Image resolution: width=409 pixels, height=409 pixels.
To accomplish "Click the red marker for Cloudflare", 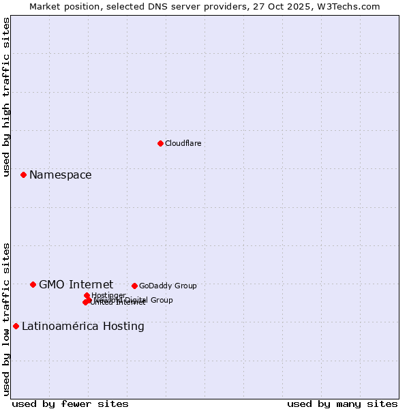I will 160,143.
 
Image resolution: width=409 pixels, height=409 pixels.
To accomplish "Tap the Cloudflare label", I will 183,143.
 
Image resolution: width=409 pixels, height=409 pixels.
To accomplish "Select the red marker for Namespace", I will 23,175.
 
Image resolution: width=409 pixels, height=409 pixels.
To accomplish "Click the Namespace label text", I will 60,175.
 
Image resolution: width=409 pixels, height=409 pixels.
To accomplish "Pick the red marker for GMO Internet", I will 33,284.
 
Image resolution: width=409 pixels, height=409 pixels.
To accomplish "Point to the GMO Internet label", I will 76,284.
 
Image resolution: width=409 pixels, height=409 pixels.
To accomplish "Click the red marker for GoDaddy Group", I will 134,286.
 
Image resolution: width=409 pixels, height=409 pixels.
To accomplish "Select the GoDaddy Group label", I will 168,286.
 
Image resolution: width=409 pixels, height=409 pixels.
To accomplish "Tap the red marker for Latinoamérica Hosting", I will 16,326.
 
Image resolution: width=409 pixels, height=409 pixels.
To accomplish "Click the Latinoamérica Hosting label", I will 82,326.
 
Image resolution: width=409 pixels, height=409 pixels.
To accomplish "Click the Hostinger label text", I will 108,295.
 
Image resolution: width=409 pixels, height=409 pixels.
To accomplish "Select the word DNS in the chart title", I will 156,6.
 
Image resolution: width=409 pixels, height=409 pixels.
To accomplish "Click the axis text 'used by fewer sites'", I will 70,404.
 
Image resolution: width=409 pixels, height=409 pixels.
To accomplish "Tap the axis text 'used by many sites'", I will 342,404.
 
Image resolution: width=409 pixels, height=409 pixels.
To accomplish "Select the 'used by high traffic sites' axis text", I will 6,97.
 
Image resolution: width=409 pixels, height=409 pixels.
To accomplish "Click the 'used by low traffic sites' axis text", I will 6,318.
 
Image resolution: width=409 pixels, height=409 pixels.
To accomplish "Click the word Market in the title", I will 45,6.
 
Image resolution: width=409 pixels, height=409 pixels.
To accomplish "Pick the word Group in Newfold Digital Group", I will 162,300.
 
